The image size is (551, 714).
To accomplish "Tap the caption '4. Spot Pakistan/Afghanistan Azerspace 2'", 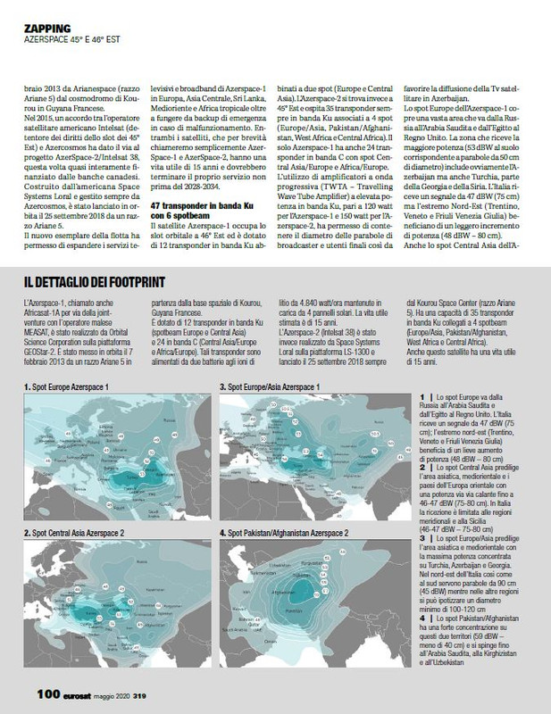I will click(296, 532).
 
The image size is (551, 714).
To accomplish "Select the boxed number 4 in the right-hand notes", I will click(422, 616).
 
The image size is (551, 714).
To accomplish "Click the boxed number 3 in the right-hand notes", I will click(422, 539).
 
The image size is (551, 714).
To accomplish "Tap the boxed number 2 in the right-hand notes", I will click(422, 464).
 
